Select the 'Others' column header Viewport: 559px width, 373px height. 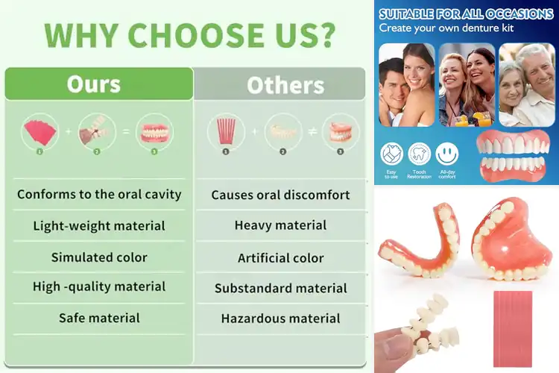coord(285,84)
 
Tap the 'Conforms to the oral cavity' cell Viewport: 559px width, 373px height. coord(99,195)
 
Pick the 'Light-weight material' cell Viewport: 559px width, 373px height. coord(99,225)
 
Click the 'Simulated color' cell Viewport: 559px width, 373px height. coord(99,257)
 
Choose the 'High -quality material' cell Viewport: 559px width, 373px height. coord(99,286)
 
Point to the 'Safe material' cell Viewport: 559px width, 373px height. coord(99,318)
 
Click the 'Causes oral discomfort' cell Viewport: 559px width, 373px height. coord(280,195)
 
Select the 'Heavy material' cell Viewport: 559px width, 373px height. coord(280,225)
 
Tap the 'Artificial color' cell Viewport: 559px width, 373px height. coord(280,258)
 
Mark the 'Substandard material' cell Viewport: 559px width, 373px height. coord(280,288)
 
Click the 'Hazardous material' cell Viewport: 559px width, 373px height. coord(280,319)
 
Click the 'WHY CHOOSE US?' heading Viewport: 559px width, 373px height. coord(189,35)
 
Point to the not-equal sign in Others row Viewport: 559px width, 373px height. coord(312,131)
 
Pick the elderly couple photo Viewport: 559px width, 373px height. coord(526,84)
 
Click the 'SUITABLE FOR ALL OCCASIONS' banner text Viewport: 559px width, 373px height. coord(465,14)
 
